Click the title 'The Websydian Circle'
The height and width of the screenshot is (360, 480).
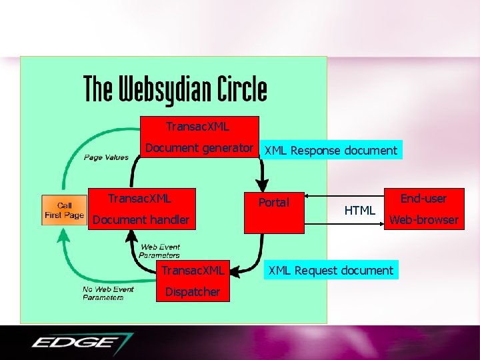(175, 89)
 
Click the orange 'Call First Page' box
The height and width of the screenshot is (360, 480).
(64, 210)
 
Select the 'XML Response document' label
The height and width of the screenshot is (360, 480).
(331, 151)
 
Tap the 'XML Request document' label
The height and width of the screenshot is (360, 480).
(331, 270)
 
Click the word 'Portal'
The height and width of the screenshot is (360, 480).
(274, 202)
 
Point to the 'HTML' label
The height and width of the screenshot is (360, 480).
(360, 211)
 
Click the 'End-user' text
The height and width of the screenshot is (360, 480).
(423, 199)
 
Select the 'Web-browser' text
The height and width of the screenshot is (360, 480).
(424, 219)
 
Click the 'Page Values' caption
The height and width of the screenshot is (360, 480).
(106, 157)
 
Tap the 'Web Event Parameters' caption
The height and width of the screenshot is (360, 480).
(160, 251)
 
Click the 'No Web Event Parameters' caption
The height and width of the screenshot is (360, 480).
(108, 293)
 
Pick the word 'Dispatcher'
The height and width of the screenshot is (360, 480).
(193, 291)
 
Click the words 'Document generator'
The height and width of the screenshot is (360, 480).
(199, 148)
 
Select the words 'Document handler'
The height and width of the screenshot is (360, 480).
(141, 219)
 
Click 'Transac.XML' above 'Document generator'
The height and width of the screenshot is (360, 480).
(197, 126)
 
